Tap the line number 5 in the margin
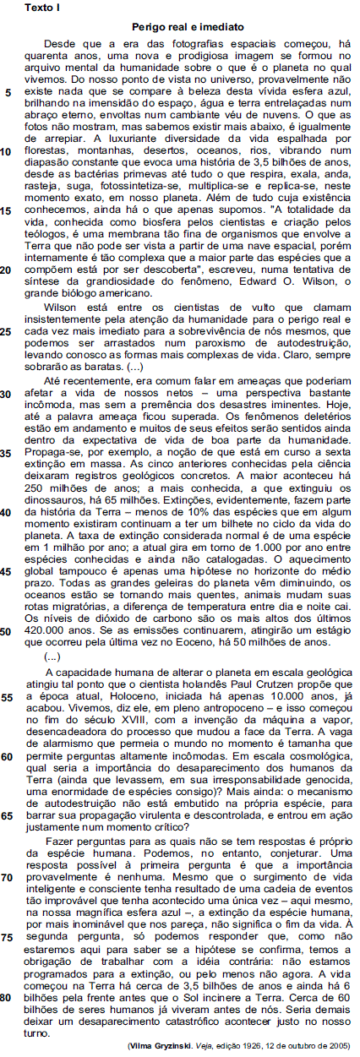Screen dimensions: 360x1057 (8, 93)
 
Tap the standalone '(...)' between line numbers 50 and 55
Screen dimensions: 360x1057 (52, 657)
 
